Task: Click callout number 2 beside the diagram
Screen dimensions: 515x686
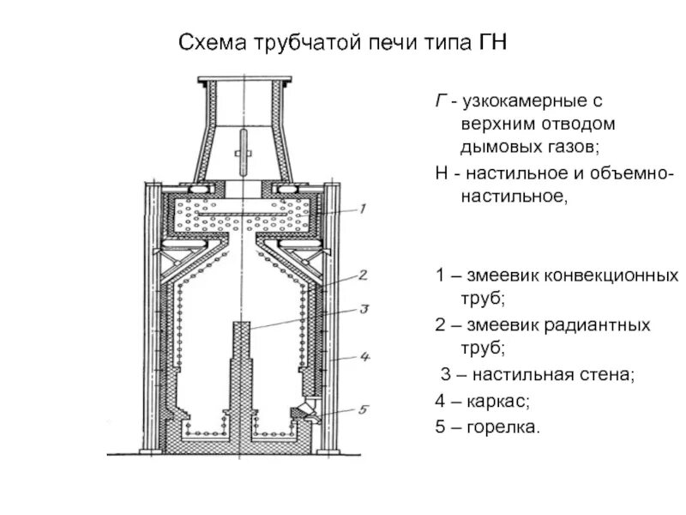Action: (x=363, y=276)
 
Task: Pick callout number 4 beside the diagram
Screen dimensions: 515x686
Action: (x=364, y=355)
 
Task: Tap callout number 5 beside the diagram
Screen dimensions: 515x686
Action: (x=363, y=409)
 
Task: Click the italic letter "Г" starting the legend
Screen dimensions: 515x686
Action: (x=440, y=103)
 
